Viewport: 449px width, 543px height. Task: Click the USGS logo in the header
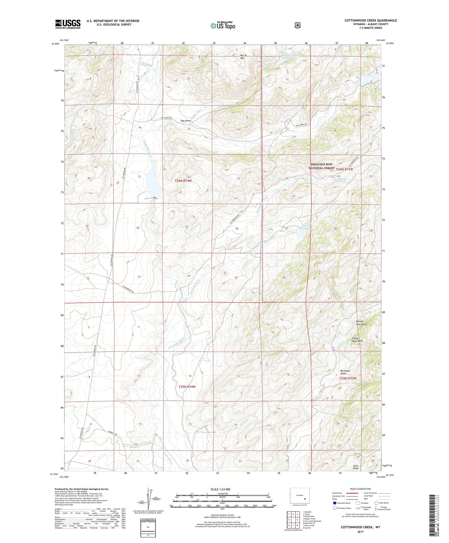click(68, 24)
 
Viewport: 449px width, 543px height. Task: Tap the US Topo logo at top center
click(223, 25)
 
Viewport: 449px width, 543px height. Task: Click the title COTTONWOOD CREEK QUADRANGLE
click(371, 20)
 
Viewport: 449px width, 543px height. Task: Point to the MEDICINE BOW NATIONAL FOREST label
click(321, 166)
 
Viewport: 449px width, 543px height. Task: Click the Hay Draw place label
click(186, 121)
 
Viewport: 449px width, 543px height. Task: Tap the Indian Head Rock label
click(357, 340)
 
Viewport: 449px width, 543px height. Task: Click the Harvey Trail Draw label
click(361, 323)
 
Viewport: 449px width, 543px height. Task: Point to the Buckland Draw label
click(345, 372)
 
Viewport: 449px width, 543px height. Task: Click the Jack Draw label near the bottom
click(356, 467)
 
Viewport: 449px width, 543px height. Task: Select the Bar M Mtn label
click(243, 57)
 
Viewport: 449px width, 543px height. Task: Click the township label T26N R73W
click(345, 169)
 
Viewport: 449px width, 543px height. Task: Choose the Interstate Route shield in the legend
click(334, 503)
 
